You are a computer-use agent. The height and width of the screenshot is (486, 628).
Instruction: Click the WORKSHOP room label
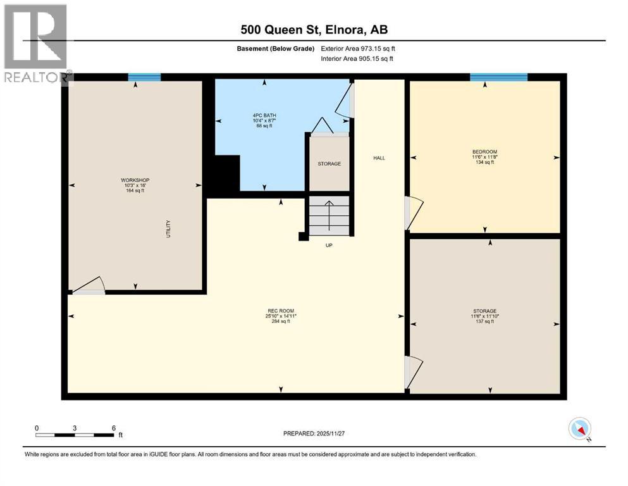point(135,180)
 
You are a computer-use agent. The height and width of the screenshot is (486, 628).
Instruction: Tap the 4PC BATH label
point(264,115)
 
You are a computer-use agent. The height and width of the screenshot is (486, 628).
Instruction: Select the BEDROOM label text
point(484,151)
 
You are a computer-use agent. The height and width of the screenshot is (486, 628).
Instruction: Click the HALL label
point(378,158)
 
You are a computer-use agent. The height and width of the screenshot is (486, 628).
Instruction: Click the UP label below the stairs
point(329,245)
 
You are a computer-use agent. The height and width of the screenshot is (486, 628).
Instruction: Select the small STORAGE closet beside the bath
point(329,163)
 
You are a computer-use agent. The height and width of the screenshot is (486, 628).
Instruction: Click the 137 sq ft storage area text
point(484,322)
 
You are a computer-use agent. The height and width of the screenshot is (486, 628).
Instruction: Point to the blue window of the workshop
point(144,77)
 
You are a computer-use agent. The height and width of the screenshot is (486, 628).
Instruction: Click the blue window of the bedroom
point(498,77)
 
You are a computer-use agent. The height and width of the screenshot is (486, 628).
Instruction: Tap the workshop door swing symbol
point(89,286)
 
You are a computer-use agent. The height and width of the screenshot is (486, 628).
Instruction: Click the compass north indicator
point(579,429)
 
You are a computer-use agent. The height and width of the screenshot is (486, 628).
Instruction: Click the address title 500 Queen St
point(314,29)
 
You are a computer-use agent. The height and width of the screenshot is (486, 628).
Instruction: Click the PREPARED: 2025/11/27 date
point(314,433)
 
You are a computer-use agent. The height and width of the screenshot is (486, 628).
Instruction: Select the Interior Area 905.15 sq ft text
point(357,59)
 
